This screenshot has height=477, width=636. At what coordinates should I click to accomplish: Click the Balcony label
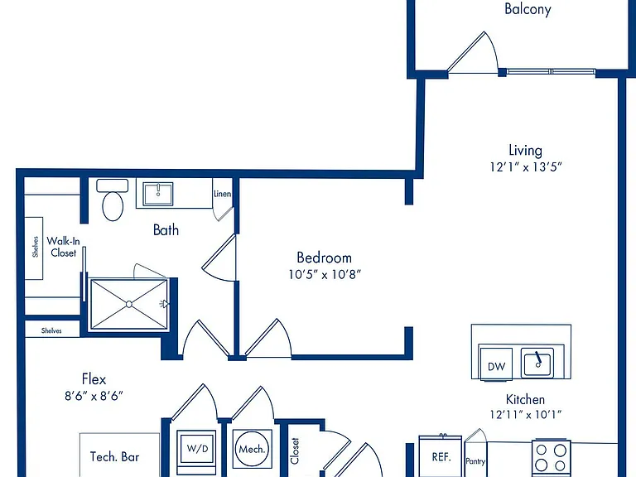point(528,9)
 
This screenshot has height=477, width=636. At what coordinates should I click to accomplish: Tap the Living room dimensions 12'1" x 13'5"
point(526,166)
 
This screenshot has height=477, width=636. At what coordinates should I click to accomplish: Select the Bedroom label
point(324,258)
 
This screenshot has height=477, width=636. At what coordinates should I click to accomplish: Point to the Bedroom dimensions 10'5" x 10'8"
point(325,275)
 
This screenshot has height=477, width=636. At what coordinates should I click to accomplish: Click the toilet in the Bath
point(113,200)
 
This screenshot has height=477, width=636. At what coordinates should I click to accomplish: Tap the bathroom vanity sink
point(158,194)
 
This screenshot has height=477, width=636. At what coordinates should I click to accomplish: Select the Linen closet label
point(222,194)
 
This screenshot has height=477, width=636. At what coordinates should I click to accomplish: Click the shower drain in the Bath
point(129,304)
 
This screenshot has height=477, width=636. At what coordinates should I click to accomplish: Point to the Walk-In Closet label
point(63,247)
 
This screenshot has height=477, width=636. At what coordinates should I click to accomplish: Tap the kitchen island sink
point(537,361)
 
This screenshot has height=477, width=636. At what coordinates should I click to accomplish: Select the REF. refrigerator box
point(441,457)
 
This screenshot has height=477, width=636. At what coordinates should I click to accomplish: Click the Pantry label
point(475,461)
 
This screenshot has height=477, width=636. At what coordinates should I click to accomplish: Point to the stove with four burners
point(552,458)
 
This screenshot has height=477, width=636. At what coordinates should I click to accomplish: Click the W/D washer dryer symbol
point(198,448)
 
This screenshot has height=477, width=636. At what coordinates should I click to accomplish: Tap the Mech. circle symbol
point(252,449)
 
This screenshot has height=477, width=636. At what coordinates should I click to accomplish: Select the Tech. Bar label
point(114,457)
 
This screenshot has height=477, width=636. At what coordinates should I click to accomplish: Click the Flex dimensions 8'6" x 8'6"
point(94,396)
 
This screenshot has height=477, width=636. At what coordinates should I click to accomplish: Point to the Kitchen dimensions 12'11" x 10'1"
point(525,415)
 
